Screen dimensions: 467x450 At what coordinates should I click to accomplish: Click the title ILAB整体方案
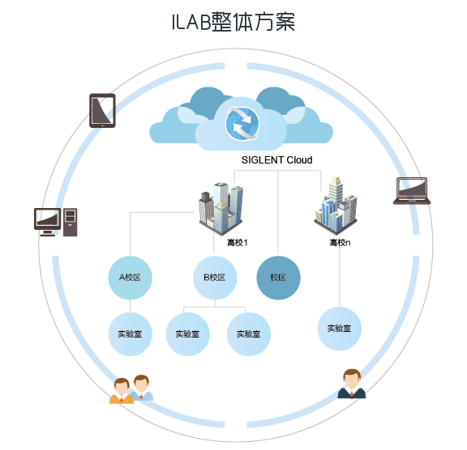pos(233,22)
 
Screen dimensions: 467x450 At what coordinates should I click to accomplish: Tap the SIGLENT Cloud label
pos(277,160)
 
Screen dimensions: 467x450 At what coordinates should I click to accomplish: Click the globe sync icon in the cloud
pos(242,123)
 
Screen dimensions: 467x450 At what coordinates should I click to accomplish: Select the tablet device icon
pos(102,111)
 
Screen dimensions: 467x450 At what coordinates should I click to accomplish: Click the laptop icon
pos(412,191)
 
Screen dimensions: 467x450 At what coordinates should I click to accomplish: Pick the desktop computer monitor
pos(47,222)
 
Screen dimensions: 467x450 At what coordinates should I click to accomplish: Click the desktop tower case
pos(71,223)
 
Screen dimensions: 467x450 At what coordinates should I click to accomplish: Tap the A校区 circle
pos(131,278)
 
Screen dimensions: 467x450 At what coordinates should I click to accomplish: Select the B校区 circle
pos(215,278)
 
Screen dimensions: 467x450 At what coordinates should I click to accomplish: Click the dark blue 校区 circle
pos(278,278)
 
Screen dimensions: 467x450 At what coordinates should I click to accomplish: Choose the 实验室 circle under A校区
pos(131,334)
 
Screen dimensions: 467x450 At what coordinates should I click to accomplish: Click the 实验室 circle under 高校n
pos(340,329)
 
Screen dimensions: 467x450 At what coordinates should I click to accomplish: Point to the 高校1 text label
pos(238,243)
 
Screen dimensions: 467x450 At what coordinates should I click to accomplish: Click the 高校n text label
pos(340,243)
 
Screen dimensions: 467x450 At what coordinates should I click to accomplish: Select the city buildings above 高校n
pos(336,206)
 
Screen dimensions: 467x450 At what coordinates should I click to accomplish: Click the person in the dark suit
pos(352,384)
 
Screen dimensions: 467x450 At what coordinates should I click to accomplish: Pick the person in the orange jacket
pos(122,391)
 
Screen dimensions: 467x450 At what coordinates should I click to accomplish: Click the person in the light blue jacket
pos(143,388)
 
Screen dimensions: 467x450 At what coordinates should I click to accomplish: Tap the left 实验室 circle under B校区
pos(187,334)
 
